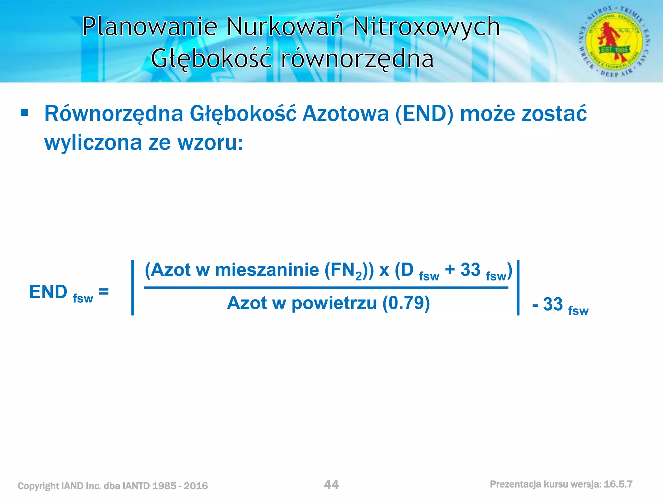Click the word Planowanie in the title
(x=150, y=27)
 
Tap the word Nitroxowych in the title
(x=426, y=27)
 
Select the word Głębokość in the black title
(x=211, y=59)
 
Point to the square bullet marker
(x=25, y=113)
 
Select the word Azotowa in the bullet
(x=345, y=114)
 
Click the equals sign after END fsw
(x=104, y=291)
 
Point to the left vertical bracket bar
(x=132, y=287)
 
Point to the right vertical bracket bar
(x=518, y=287)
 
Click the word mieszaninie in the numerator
(x=267, y=270)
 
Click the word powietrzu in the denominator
(x=334, y=303)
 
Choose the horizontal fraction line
(x=325, y=288)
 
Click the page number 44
(x=331, y=485)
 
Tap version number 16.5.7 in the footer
(x=618, y=484)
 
